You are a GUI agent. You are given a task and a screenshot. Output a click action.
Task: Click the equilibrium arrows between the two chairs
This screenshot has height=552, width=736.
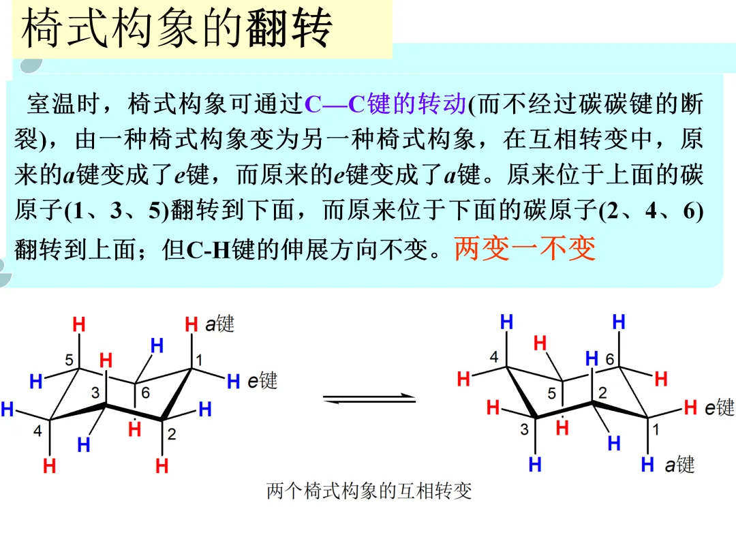tap(369, 399)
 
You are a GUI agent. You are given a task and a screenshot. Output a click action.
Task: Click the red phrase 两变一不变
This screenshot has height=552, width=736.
tap(525, 248)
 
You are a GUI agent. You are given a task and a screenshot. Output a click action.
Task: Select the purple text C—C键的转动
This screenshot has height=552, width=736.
tap(385, 104)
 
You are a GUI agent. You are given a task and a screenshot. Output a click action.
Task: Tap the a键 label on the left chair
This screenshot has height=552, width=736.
tap(219, 324)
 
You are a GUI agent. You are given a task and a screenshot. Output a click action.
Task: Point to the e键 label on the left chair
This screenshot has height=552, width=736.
tap(263, 381)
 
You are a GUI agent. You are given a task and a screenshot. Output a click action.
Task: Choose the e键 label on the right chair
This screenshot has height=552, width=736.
tap(719, 408)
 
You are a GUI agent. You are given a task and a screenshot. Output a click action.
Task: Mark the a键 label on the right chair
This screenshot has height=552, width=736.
tap(679, 465)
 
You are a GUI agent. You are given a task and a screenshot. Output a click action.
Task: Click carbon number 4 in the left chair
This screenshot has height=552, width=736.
tap(37, 430)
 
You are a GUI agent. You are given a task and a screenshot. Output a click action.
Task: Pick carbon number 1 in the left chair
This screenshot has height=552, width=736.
tap(200, 359)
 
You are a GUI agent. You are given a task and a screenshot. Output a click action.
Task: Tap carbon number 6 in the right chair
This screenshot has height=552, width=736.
tap(609, 358)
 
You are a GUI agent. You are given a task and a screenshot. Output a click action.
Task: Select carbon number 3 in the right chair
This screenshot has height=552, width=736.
tap(524, 429)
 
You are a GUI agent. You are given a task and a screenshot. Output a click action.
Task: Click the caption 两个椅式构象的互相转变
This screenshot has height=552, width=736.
tap(369, 491)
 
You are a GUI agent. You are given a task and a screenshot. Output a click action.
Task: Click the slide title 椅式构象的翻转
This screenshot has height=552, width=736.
tap(177, 29)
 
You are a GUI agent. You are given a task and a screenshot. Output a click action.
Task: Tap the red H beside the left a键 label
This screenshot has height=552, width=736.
tap(191, 325)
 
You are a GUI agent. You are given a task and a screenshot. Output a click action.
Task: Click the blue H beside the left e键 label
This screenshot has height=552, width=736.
tap(233, 382)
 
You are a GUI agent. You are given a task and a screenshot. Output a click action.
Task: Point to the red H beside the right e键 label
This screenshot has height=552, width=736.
tap(690, 408)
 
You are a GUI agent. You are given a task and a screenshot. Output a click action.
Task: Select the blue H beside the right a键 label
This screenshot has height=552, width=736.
tap(647, 465)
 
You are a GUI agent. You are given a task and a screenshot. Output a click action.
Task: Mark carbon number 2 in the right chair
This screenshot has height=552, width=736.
tap(602, 392)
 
